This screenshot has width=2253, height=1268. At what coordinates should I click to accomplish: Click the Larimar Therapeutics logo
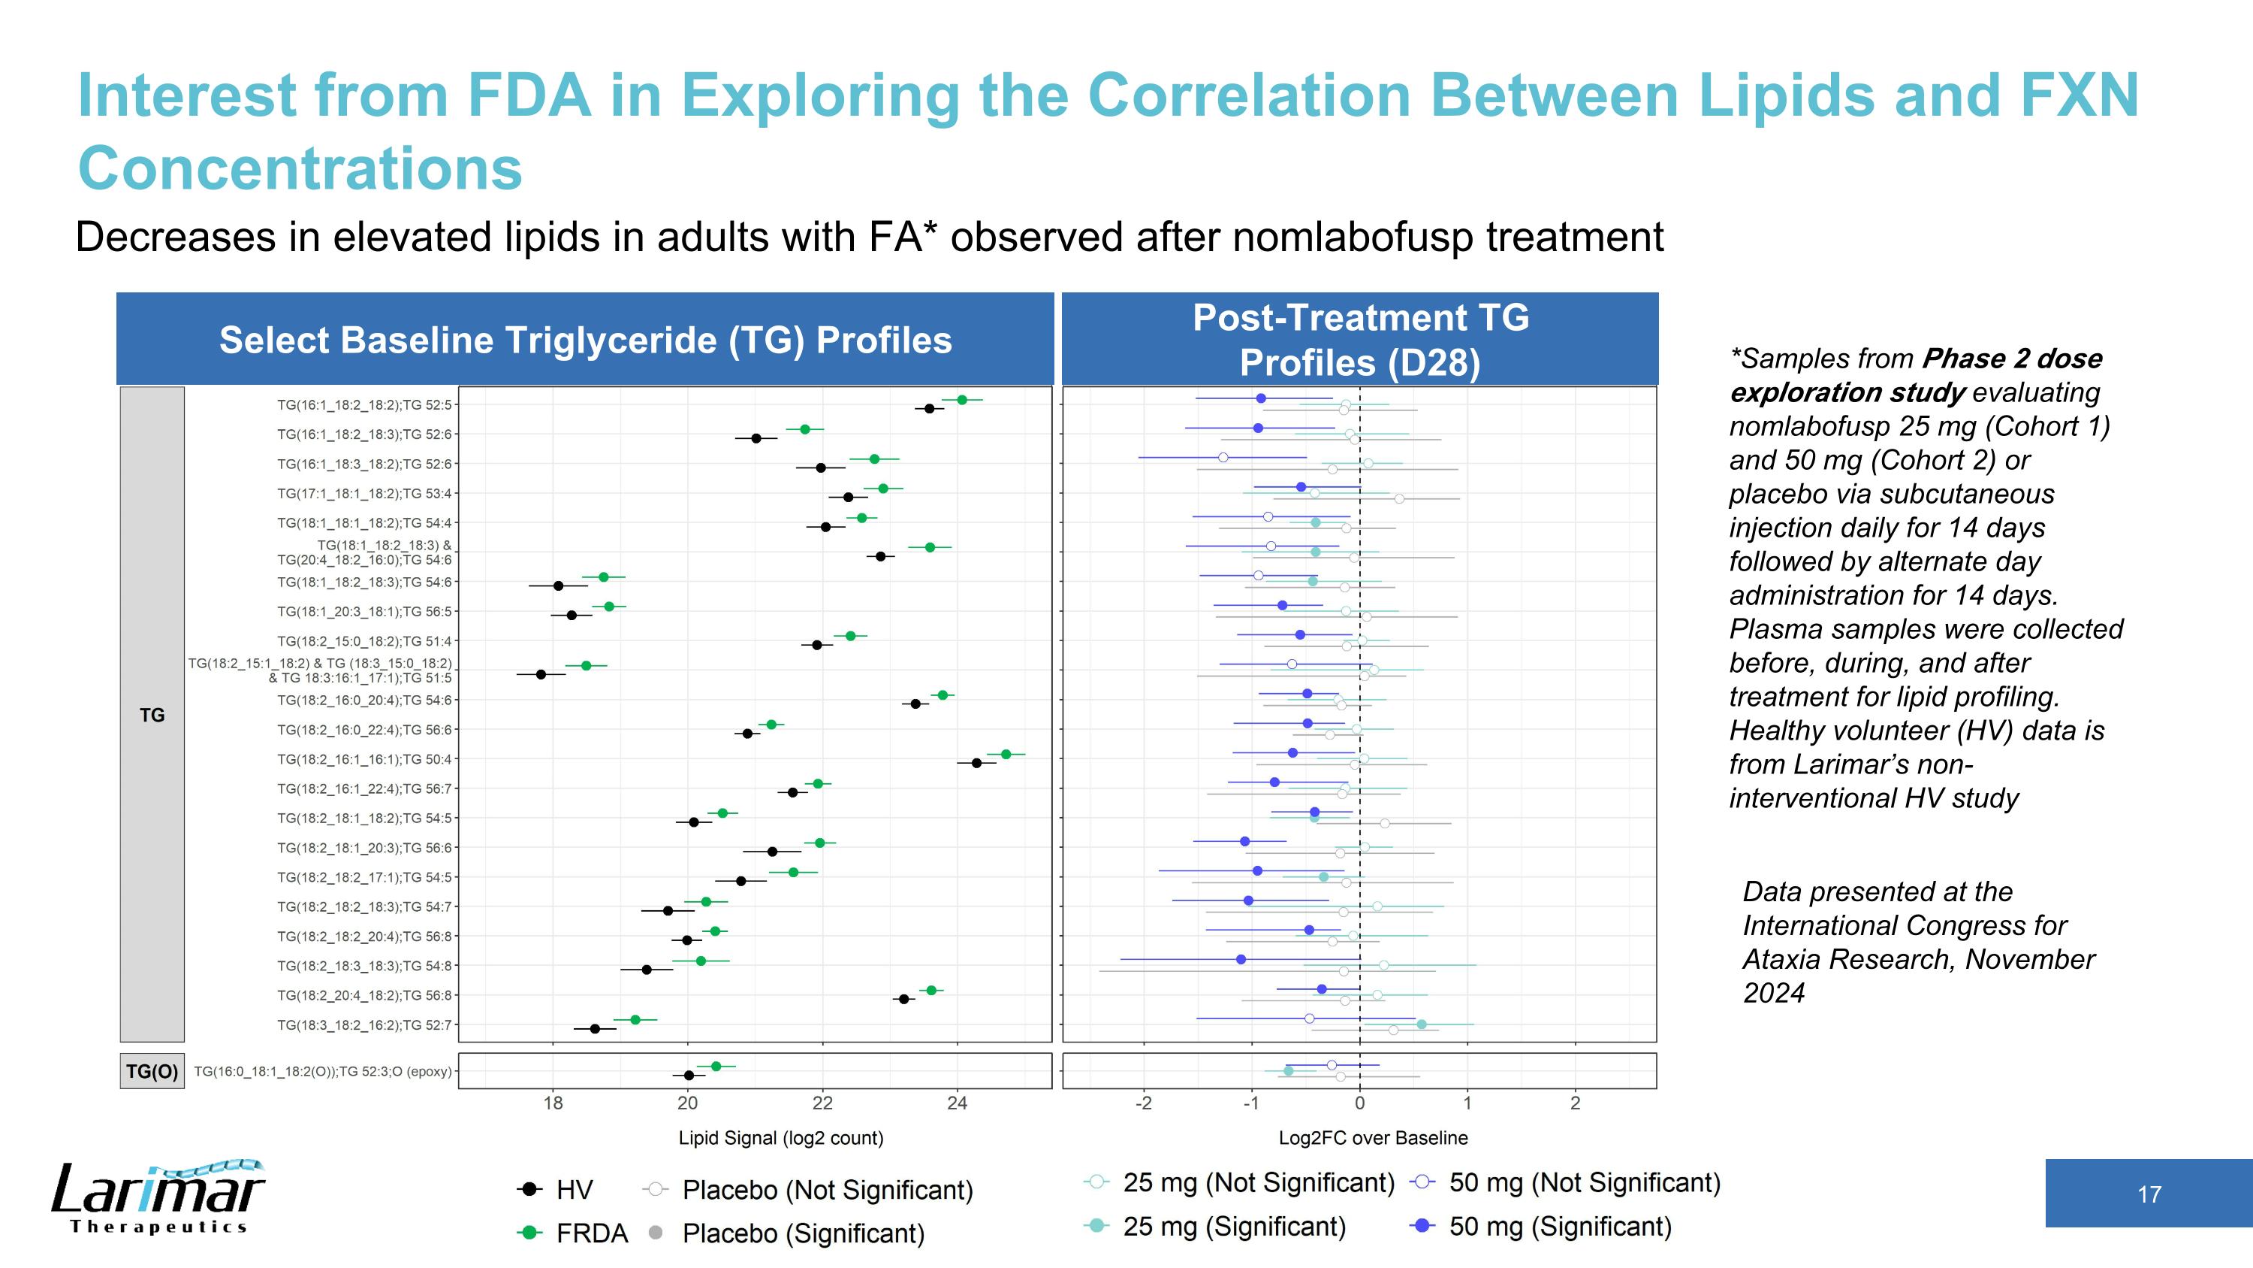158,1197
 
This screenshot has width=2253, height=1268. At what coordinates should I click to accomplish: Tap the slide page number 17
2148,1194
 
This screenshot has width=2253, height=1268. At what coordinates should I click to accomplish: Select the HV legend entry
556,1189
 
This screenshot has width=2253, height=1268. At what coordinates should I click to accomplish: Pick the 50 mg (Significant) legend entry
1542,1226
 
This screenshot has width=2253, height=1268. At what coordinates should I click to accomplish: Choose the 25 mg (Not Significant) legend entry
1240,1182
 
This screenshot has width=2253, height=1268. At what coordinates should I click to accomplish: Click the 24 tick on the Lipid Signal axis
957,1103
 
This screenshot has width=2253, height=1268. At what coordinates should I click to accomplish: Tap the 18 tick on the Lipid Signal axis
553,1103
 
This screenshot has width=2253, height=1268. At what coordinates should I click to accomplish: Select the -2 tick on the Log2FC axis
1143,1103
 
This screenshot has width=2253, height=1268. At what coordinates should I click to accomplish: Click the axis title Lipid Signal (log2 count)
781,1138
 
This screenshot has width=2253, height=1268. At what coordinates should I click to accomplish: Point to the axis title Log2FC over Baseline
1373,1138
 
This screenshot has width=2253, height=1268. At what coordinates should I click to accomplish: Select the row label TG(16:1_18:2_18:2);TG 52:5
365,405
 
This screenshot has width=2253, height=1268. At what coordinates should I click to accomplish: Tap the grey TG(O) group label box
152,1071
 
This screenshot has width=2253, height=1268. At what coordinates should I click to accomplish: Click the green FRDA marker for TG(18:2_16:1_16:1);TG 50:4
1006,755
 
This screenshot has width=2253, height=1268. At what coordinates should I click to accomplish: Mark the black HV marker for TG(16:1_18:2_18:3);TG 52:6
756,438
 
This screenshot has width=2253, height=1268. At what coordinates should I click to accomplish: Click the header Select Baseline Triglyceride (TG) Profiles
585,340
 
